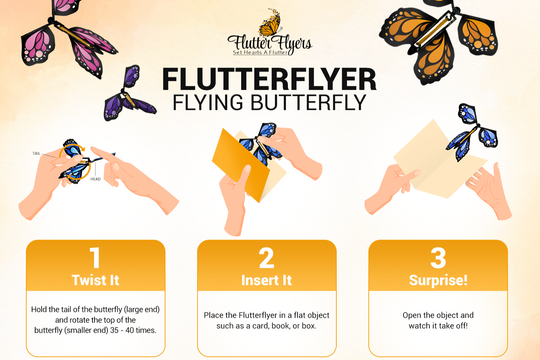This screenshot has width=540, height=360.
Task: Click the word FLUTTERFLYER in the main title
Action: (270, 78)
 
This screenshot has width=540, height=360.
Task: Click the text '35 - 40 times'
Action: (138, 328)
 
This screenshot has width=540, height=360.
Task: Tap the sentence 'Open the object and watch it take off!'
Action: (444, 320)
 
